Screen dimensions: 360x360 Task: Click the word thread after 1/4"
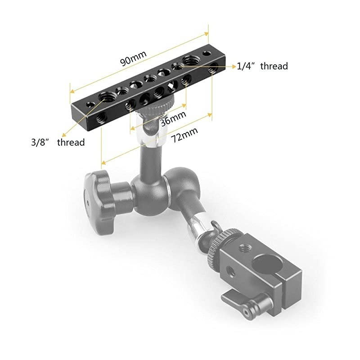coord(274,66)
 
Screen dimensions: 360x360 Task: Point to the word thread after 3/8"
coord(71,143)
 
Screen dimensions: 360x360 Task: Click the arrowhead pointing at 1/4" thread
coord(234,67)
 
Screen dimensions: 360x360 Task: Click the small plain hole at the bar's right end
coord(207,54)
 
